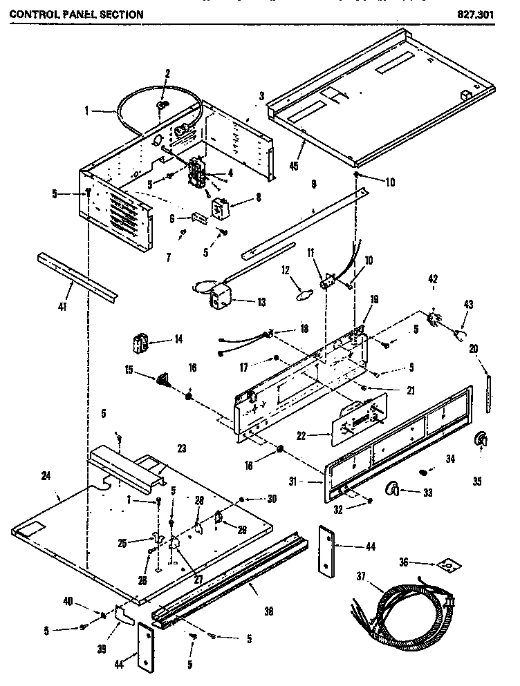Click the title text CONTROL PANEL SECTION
77,14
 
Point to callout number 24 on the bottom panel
46,475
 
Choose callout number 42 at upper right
434,280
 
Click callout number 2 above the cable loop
167,73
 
